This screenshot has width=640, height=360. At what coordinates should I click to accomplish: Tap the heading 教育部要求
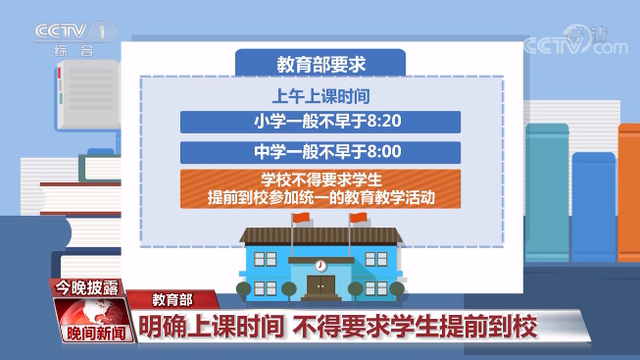[321, 63]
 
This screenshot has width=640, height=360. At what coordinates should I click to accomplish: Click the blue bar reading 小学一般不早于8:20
[320, 122]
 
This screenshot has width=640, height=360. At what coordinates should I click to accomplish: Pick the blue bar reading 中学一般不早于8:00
[320, 153]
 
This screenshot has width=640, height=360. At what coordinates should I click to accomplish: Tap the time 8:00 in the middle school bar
[386, 153]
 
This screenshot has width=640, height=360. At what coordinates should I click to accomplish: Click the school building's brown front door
[321, 288]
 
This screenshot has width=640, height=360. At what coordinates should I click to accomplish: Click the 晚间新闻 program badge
[91, 331]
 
